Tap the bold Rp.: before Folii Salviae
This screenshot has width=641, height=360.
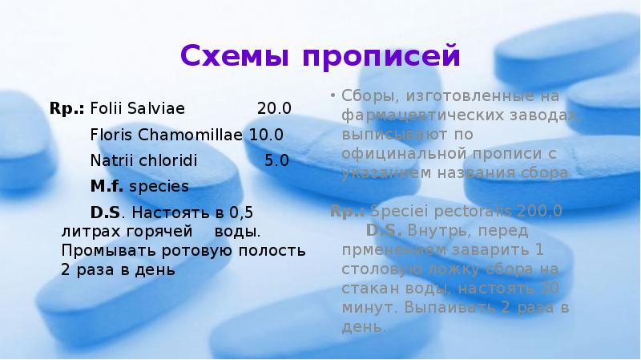tap(67, 108)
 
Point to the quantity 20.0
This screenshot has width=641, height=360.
tap(274, 108)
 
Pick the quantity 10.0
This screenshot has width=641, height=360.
tap(266, 134)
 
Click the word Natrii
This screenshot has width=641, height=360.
tap(110, 160)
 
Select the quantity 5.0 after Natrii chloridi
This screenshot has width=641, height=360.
tap(276, 160)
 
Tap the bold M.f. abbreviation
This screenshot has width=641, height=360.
tap(107, 186)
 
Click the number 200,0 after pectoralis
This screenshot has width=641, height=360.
tap(538, 212)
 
